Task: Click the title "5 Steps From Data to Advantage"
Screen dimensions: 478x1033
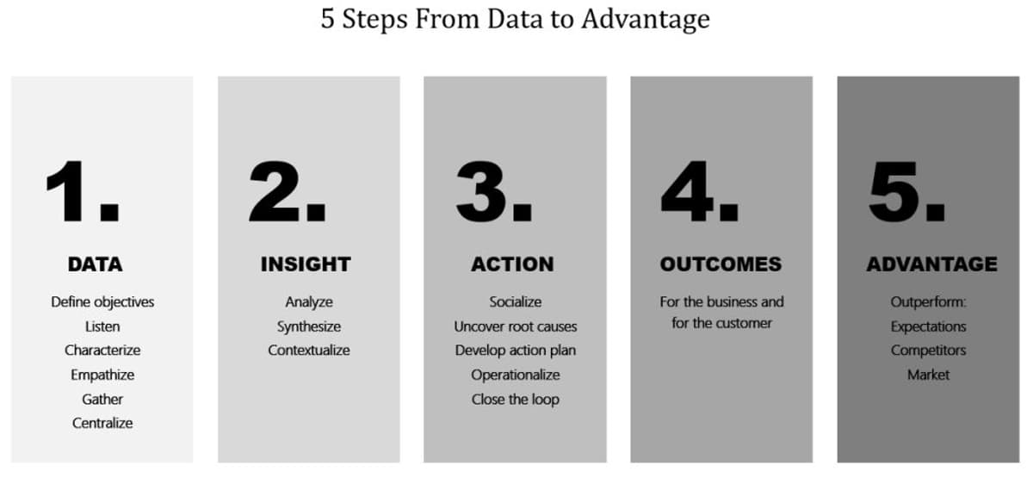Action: click(515, 20)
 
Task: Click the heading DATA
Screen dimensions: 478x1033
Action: click(95, 264)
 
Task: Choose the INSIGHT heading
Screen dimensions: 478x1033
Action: click(306, 264)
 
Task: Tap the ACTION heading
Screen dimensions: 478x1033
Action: click(512, 264)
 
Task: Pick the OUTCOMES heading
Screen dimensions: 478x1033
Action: click(721, 264)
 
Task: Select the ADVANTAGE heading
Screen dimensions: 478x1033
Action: click(931, 264)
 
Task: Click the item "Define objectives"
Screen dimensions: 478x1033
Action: click(102, 302)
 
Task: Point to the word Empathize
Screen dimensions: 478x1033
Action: click(102, 375)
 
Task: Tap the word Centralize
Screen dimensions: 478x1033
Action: click(102, 423)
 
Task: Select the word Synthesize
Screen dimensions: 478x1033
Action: click(308, 326)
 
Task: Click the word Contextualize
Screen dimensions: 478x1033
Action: click(308, 351)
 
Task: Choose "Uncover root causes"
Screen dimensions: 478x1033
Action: click(516, 326)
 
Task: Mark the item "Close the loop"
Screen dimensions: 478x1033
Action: click(516, 399)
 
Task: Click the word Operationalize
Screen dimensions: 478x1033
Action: click(516, 375)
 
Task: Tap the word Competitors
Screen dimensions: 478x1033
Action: click(928, 351)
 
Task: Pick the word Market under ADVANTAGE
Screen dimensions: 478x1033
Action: click(928, 375)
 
